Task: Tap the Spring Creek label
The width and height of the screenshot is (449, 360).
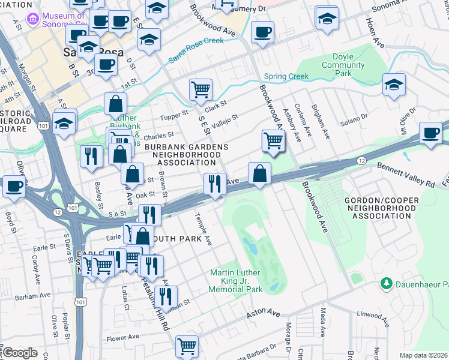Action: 286,77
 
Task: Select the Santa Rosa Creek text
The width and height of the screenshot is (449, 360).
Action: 196,50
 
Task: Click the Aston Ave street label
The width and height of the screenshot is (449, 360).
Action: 265,313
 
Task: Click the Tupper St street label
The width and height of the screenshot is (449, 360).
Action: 176,112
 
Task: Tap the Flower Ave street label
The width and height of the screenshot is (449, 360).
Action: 123,337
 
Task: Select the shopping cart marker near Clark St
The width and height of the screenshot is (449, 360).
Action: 200,90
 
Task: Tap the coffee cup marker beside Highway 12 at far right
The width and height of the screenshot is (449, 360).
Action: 430,132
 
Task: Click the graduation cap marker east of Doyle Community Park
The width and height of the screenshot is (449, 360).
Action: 394,84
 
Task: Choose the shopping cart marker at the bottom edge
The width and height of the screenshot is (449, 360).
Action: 187,346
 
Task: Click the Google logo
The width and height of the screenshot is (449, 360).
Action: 20,353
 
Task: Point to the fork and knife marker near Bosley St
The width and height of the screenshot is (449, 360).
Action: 91,155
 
